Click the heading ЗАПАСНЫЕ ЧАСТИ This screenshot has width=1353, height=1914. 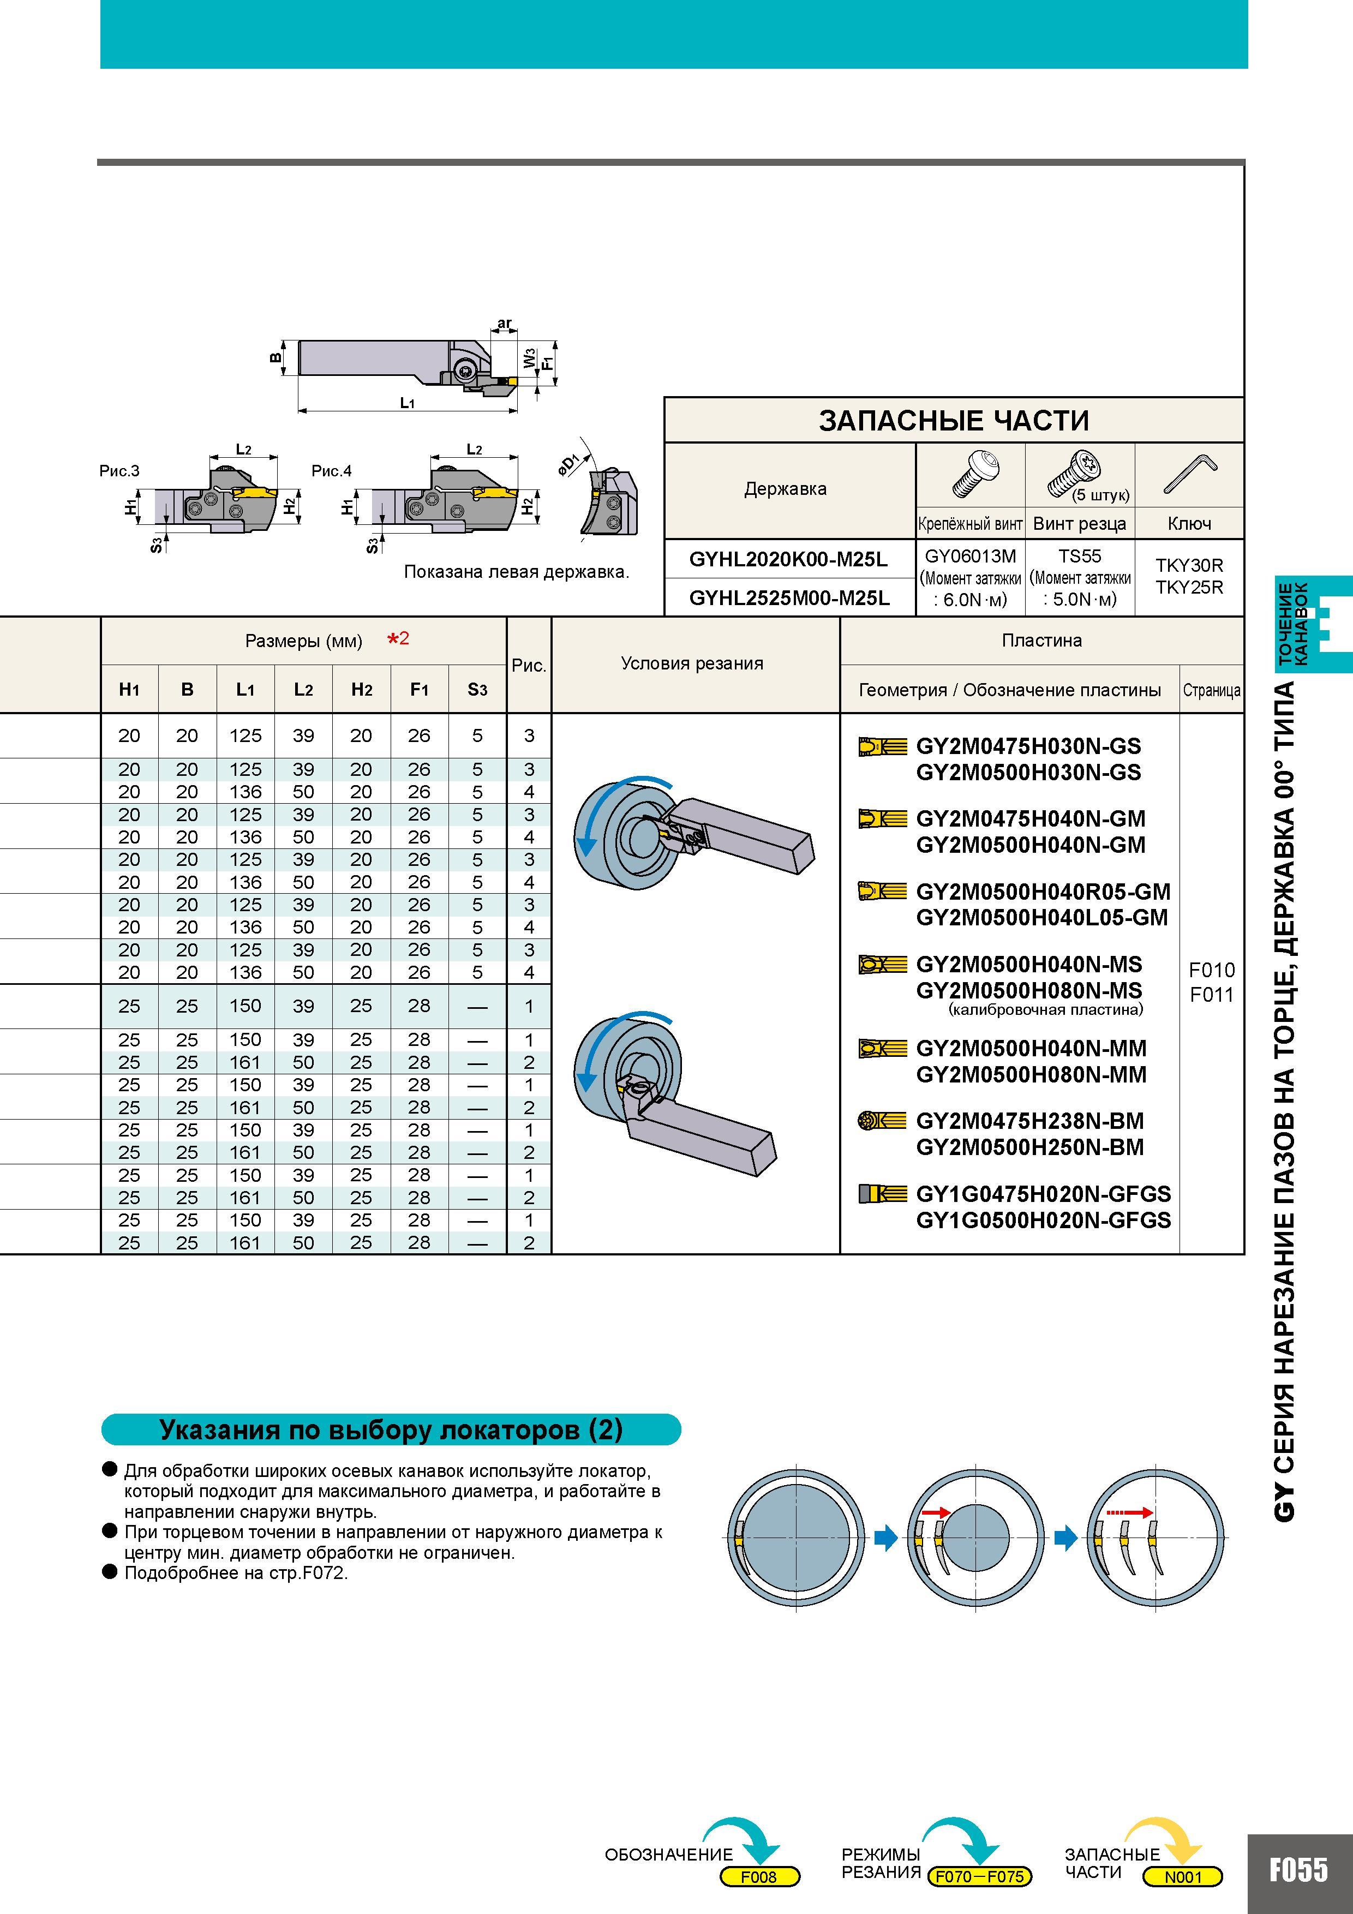click(x=954, y=420)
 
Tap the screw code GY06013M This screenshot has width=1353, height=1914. click(x=971, y=556)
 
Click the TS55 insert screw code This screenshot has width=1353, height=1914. click(x=1080, y=556)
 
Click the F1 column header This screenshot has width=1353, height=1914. click(x=420, y=690)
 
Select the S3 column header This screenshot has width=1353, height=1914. click(x=477, y=690)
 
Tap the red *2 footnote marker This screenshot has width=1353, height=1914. click(x=398, y=639)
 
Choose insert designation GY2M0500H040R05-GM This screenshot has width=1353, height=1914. click(x=1043, y=892)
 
